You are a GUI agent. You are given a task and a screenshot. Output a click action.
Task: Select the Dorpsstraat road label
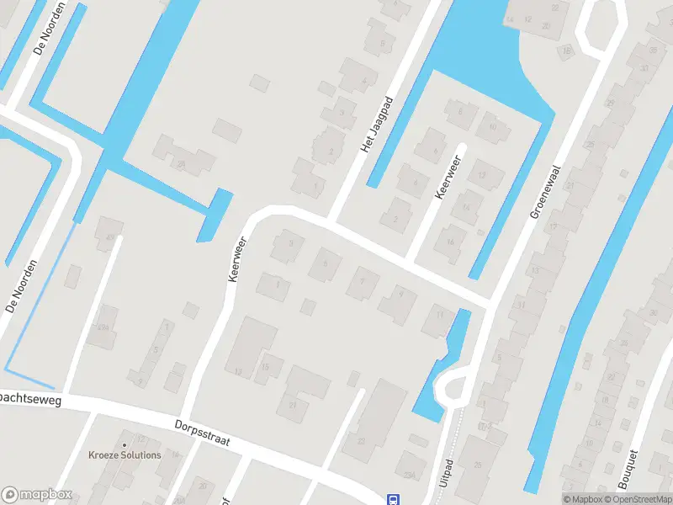point(203,433)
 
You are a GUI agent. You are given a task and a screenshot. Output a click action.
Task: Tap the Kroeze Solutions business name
point(125,455)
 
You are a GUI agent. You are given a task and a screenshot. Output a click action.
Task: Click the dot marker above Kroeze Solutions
point(125,444)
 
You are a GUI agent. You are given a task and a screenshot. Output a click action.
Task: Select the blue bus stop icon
point(392,499)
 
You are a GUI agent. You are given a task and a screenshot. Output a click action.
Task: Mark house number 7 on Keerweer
point(363,282)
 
